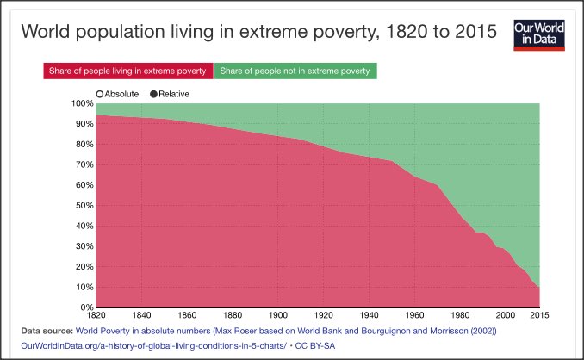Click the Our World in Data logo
pyautogui.click(x=539, y=34)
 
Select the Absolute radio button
pyautogui.click(x=101, y=93)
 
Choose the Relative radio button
pyautogui.click(x=155, y=93)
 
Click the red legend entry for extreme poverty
pyautogui.click(x=127, y=71)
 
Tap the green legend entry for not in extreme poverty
pyautogui.click(x=295, y=71)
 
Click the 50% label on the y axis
pyautogui.click(x=83, y=205)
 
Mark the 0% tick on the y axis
pyautogui.click(x=85, y=307)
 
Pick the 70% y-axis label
pyautogui.click(x=83, y=164)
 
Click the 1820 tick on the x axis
pyautogui.click(x=96, y=315)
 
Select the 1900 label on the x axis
pyautogui.click(x=277, y=315)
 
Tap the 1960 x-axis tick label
pyautogui.click(x=414, y=315)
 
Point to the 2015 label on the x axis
pyautogui.click(x=539, y=315)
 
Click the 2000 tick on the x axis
pyautogui.click(x=505, y=315)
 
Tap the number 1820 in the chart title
pyautogui.click(x=392, y=33)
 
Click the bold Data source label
pyautogui.click(x=43, y=331)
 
